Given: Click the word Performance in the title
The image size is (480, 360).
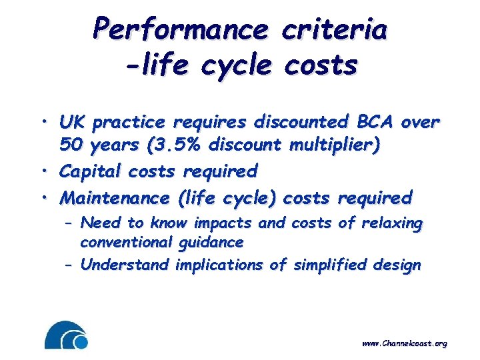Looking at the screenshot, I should pyautogui.click(x=181, y=29).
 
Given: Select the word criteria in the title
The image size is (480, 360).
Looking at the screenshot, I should pyautogui.click(x=335, y=29).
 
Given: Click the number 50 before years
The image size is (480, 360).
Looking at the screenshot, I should pyautogui.click(x=69, y=145).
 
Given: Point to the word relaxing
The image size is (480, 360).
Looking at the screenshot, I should pyautogui.click(x=392, y=223).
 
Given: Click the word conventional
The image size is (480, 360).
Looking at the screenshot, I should pyautogui.click(x=125, y=242).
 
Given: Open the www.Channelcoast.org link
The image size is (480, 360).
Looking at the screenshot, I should pyautogui.click(x=404, y=343).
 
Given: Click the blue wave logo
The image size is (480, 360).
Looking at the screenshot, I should pyautogui.click(x=66, y=335).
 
